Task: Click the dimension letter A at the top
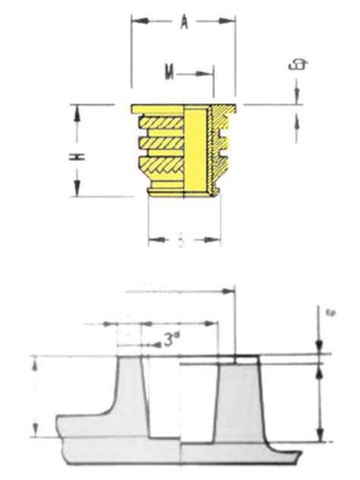[184, 23]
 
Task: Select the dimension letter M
[171, 73]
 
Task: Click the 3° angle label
[172, 339]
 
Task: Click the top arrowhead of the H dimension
[76, 112]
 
